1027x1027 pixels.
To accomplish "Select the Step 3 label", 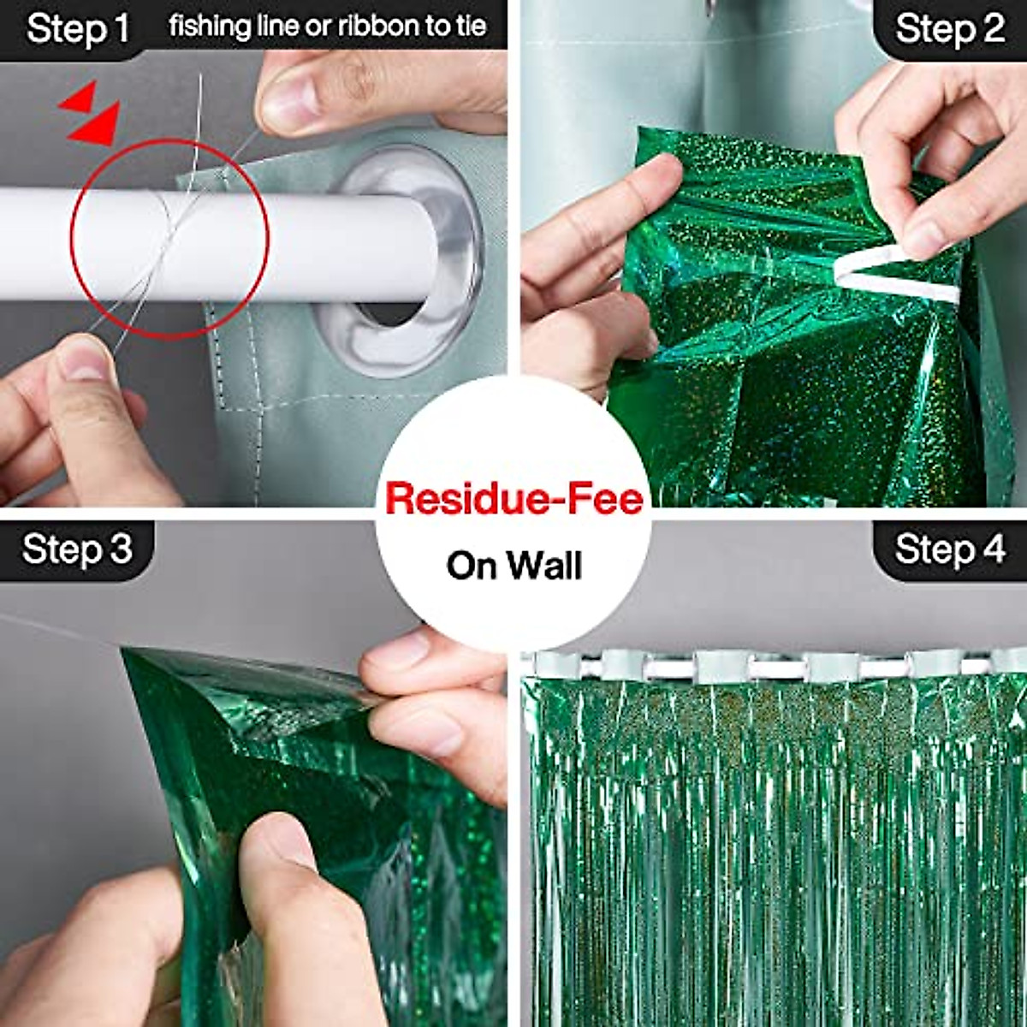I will pyautogui.click(x=77, y=549).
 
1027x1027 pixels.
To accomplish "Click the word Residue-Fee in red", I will pyautogui.click(x=513, y=499).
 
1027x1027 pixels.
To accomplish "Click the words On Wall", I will pyautogui.click(x=513, y=566).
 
